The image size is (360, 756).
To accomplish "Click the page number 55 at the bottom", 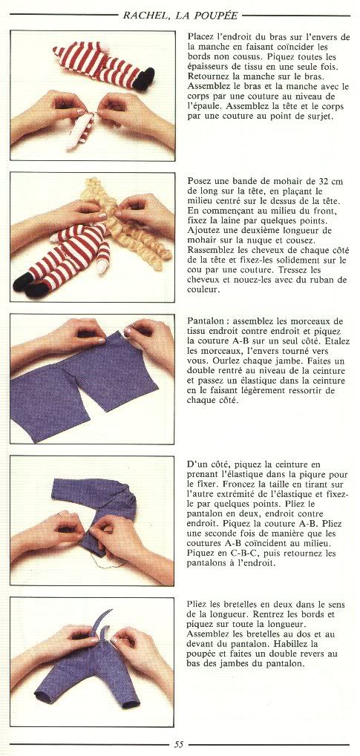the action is (179, 744).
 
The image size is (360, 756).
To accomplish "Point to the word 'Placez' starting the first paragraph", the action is (199, 37).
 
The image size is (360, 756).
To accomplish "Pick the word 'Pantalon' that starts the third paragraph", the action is (203, 321).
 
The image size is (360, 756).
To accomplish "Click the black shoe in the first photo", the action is (144, 79).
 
